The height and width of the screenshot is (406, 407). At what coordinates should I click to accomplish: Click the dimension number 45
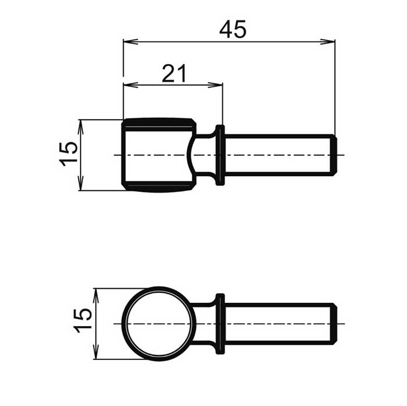[233, 29]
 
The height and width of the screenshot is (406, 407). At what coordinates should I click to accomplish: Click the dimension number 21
[174, 73]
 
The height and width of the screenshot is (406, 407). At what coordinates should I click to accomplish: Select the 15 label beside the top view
[69, 154]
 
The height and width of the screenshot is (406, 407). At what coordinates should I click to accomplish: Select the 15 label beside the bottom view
[83, 321]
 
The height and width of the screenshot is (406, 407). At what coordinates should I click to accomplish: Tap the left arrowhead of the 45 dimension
[131, 41]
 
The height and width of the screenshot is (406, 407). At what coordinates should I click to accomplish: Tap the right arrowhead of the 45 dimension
[328, 41]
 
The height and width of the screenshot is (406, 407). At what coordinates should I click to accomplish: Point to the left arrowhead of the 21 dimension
[131, 85]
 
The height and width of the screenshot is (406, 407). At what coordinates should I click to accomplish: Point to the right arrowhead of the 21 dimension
[215, 85]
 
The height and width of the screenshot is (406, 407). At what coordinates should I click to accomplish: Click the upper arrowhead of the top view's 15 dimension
[80, 127]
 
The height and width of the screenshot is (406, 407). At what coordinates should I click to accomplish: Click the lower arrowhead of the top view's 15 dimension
[80, 183]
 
